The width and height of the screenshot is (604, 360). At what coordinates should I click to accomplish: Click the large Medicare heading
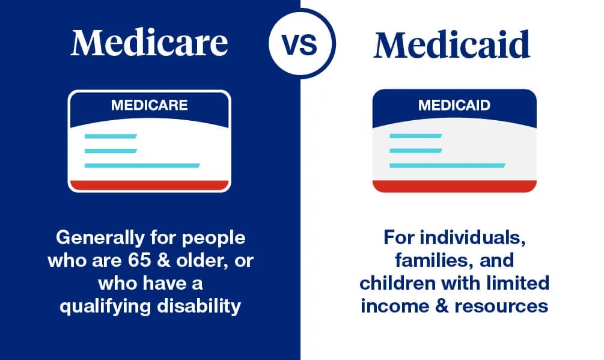pos(149,43)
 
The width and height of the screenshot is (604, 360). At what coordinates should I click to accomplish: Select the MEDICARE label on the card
pos(149,106)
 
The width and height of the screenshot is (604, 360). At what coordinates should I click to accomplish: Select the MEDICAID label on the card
pos(454,106)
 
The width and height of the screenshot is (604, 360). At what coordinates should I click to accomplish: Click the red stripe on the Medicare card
pos(149,185)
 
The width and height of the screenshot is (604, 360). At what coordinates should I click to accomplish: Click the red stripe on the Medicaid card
pos(454,185)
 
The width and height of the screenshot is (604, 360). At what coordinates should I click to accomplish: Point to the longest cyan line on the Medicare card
pos(142,165)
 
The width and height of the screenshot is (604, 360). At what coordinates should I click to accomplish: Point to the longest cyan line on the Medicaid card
pos(447,165)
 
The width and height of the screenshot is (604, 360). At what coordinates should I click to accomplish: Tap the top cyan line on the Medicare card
pos(111,136)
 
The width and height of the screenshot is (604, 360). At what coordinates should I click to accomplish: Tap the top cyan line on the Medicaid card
pos(416,136)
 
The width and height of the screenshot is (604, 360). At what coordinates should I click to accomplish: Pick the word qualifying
pos(102,307)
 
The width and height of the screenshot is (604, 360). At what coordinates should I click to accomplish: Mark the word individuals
pos(483,238)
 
